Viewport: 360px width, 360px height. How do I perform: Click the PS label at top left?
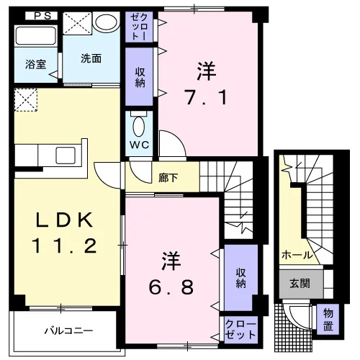[42, 16]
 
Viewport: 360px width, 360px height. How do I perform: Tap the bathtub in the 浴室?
[35, 36]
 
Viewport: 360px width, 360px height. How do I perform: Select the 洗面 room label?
[91, 58]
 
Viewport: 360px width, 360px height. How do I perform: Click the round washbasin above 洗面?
[107, 22]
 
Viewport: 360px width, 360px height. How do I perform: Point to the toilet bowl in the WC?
[139, 127]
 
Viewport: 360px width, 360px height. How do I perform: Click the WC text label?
[140, 145]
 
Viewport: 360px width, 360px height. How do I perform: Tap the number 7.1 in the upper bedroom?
[206, 97]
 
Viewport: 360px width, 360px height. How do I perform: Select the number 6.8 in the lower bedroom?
[171, 287]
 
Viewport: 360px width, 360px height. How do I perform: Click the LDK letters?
[65, 220]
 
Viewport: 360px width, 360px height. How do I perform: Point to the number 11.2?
[65, 246]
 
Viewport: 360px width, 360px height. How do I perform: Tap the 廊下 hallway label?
[168, 178]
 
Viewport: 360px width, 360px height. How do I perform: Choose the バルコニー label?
[68, 331]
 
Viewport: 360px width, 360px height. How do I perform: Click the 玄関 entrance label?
[300, 284]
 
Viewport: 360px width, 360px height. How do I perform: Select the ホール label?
[297, 255]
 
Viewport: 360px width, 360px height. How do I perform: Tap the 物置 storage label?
[328, 320]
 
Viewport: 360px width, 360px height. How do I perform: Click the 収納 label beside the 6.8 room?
[240, 278]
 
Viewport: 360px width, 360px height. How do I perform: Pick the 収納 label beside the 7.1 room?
[140, 77]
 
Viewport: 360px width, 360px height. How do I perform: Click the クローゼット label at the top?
[139, 27]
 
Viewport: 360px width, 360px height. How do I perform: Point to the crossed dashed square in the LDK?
[26, 100]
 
